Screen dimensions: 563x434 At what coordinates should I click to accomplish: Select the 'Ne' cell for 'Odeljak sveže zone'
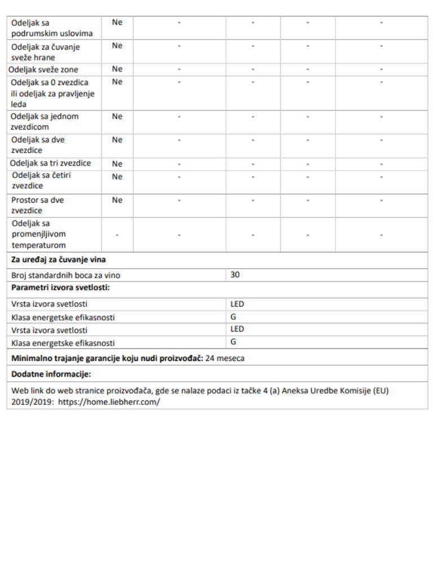pyautogui.click(x=117, y=69)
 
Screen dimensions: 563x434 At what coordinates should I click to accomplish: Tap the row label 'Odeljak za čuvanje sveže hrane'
pyautogui.click(x=46, y=52)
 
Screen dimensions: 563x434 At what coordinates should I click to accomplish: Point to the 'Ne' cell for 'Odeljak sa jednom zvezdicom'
pyautogui.click(x=117, y=117)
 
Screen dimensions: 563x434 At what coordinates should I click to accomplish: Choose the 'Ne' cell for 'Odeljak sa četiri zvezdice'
pyautogui.click(x=117, y=176)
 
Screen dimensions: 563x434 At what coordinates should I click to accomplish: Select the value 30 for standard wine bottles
pyautogui.click(x=235, y=275)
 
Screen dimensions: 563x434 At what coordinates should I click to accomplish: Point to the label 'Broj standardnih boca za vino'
pyautogui.click(x=66, y=276)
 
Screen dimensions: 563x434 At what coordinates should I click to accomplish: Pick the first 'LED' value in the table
pyautogui.click(x=237, y=304)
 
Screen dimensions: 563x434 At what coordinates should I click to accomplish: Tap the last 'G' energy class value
pyautogui.click(x=233, y=342)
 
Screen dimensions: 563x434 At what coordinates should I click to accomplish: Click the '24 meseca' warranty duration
pyautogui.click(x=225, y=359)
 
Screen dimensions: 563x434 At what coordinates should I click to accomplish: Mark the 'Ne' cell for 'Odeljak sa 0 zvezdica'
pyautogui.click(x=117, y=82)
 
